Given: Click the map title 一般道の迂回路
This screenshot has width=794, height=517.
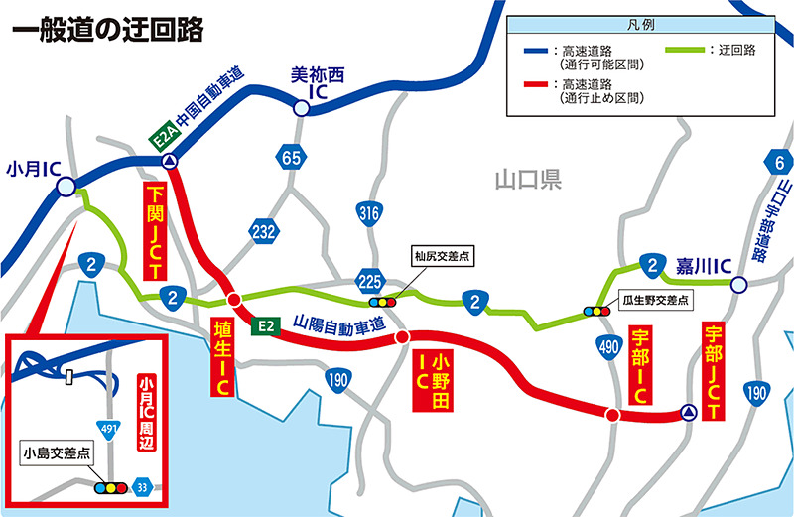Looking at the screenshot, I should point(106,30).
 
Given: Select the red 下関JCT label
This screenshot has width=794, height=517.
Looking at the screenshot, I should point(156,230).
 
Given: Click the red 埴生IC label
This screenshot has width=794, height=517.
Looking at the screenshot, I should point(222,358).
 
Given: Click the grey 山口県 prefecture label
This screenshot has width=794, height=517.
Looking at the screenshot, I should point(528,180).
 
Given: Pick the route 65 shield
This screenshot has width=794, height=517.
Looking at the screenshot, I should point(291,158).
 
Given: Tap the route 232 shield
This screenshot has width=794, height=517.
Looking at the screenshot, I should point(264,231).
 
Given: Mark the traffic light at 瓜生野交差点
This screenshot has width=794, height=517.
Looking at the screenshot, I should point(596,311).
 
